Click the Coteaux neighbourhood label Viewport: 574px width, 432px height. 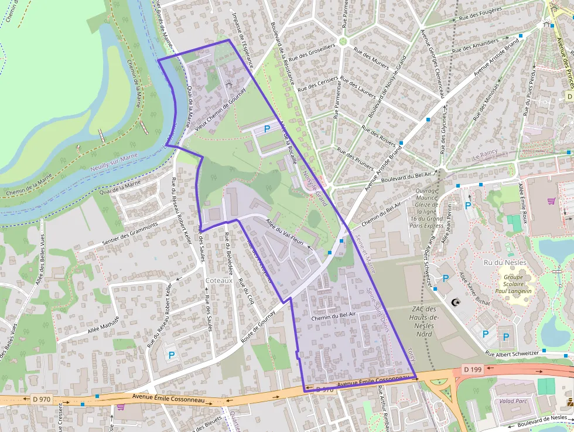219,281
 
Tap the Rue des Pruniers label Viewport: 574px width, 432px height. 356,157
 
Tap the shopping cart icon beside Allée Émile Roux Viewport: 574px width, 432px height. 551,201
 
